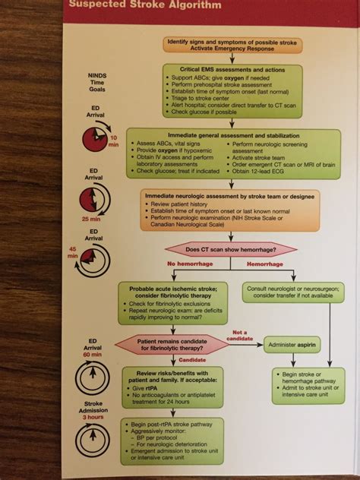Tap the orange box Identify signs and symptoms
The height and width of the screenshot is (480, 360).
click(x=232, y=45)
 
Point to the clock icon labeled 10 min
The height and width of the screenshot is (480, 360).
click(x=95, y=139)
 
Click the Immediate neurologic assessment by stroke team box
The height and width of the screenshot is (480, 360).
click(x=231, y=211)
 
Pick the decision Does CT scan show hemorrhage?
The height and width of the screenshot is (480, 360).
click(x=231, y=248)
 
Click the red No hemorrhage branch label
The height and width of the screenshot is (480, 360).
click(x=191, y=264)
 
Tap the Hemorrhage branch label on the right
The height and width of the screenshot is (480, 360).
click(x=267, y=264)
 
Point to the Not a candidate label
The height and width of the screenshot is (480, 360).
click(x=241, y=336)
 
